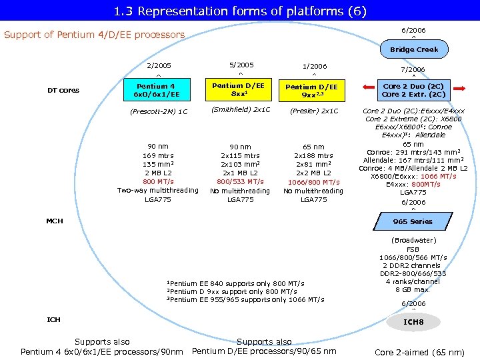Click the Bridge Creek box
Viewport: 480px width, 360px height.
click(414, 49)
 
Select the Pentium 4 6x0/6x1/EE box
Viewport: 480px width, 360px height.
click(156, 90)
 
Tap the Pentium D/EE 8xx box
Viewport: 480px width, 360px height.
click(238, 89)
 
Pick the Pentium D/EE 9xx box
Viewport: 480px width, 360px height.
click(311, 91)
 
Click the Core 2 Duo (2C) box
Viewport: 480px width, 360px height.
click(413, 90)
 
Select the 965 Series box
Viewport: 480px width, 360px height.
click(413, 221)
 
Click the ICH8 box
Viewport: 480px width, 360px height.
click(413, 322)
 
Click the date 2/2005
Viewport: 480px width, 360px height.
click(159, 66)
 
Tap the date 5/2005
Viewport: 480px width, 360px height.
click(241, 65)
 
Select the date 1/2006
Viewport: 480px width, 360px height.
click(315, 67)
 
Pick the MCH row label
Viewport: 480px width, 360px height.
click(54, 221)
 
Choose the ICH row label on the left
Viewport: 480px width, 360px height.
click(53, 320)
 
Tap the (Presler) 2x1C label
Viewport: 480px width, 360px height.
click(314, 111)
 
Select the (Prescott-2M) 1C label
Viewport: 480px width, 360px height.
click(159, 111)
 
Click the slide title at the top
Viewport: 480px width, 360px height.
click(240, 11)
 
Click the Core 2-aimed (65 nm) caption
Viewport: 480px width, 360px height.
click(419, 352)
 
